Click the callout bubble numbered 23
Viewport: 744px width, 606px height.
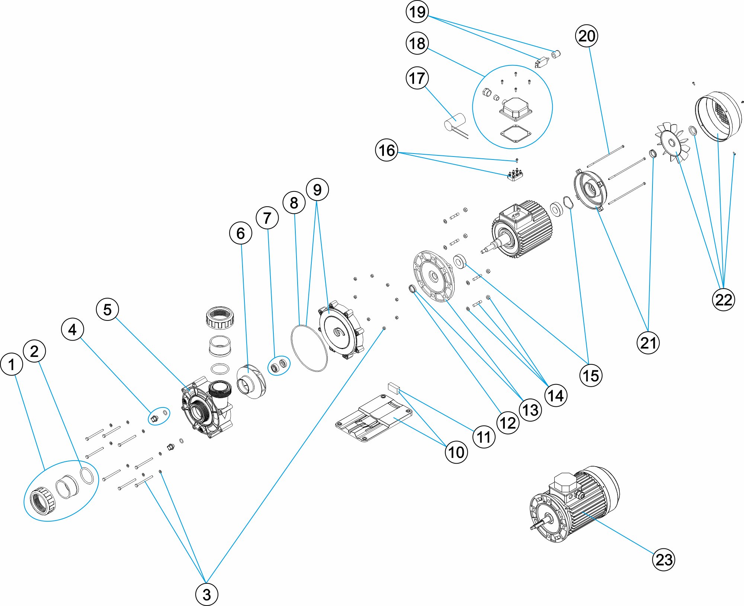click(664, 560)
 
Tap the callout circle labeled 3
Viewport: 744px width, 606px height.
click(206, 594)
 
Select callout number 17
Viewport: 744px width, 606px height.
click(417, 78)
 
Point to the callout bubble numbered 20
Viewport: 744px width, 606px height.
click(587, 36)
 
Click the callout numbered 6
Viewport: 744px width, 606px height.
click(241, 233)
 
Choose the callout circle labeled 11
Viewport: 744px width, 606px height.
click(484, 437)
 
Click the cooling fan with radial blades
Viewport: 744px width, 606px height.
click(672, 143)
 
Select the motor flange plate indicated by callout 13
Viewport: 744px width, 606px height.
click(434, 276)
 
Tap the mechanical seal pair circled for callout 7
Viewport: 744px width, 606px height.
click(279, 365)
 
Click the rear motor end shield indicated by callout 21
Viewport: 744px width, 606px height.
click(590, 190)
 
